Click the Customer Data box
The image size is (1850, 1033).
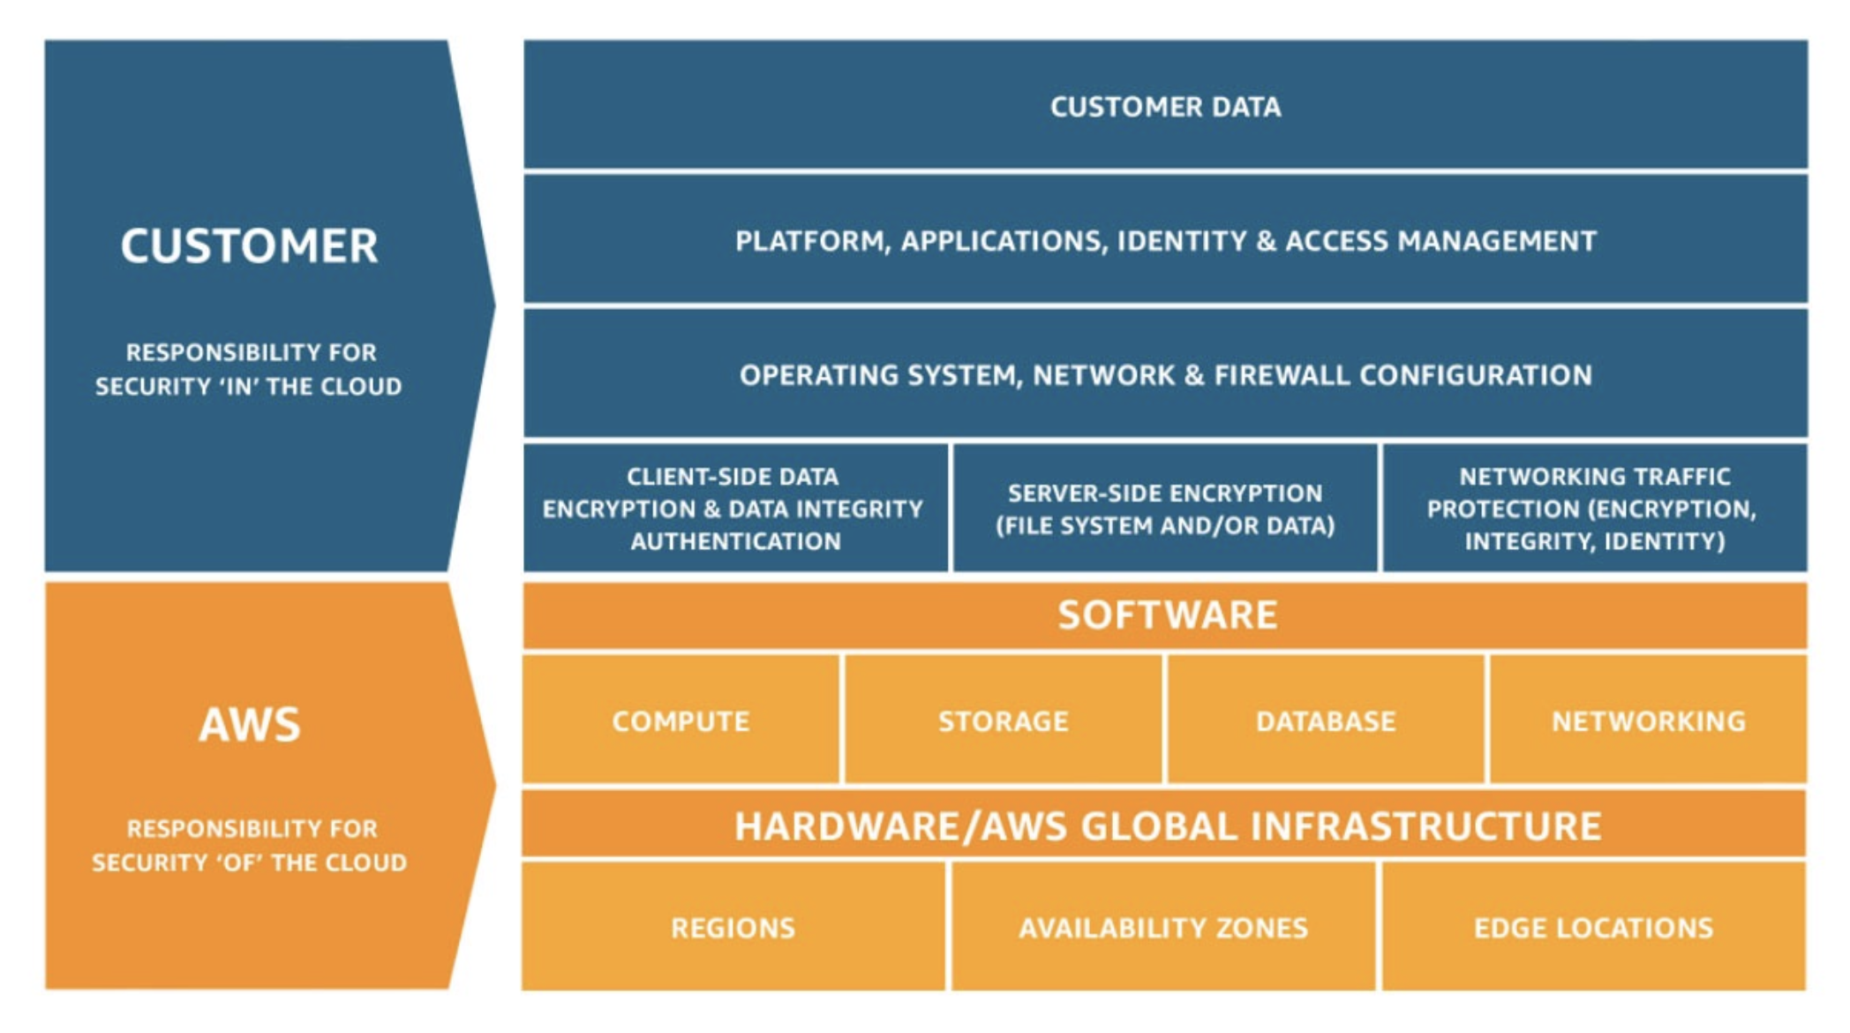coord(1165,106)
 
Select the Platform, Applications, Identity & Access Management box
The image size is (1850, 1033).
coord(1165,240)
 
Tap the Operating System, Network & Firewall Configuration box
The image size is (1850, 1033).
coord(1165,374)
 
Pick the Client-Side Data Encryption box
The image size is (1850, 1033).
coord(734,509)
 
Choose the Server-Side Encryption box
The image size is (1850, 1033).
coord(1165,509)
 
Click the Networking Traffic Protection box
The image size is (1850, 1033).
coord(1594,509)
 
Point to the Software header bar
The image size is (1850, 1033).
coord(1165,615)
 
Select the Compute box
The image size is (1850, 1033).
coord(681,720)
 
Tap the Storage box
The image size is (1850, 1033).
coord(1004,720)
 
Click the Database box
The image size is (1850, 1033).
coord(1326,720)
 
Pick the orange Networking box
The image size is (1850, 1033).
coord(1648,720)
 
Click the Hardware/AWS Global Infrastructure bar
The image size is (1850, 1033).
coord(1165,826)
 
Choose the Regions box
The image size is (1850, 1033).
coord(733,927)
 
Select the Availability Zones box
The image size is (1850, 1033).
coord(1163,927)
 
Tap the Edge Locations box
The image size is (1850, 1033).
coord(1593,927)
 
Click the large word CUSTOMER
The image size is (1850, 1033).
coord(249,245)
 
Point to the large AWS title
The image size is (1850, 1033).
coord(249,724)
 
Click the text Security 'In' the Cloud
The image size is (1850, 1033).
coord(248,386)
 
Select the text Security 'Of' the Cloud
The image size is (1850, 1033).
coord(249,862)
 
